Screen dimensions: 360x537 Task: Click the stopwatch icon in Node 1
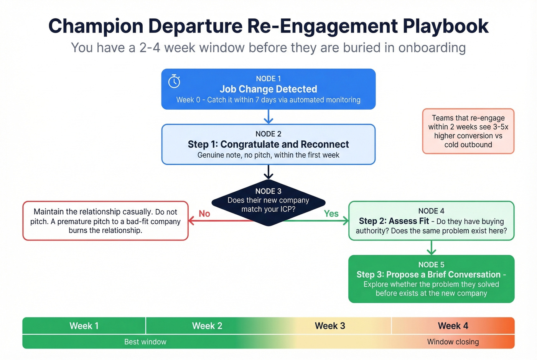click(174, 81)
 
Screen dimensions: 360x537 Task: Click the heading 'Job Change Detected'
click(268, 89)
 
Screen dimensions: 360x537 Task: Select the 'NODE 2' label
click(268, 134)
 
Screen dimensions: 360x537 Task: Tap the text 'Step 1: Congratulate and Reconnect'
click(268, 145)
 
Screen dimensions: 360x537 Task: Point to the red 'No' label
click(204, 214)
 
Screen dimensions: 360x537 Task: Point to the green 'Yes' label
click(331, 214)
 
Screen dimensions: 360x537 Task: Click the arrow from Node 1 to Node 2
click(268, 117)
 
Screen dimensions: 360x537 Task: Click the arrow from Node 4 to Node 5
click(432, 248)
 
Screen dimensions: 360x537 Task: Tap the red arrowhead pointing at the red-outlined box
click(191, 221)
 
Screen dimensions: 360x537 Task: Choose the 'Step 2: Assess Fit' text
click(394, 221)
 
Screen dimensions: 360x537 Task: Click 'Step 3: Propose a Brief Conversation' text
click(428, 275)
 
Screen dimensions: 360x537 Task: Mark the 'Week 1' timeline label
click(84, 326)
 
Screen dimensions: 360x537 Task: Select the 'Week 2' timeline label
click(207, 326)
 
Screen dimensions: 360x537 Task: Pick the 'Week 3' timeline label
click(330, 326)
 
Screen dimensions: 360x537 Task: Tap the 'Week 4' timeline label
click(453, 326)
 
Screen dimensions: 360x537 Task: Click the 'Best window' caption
click(145, 342)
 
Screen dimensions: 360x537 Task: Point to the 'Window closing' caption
click(453, 342)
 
